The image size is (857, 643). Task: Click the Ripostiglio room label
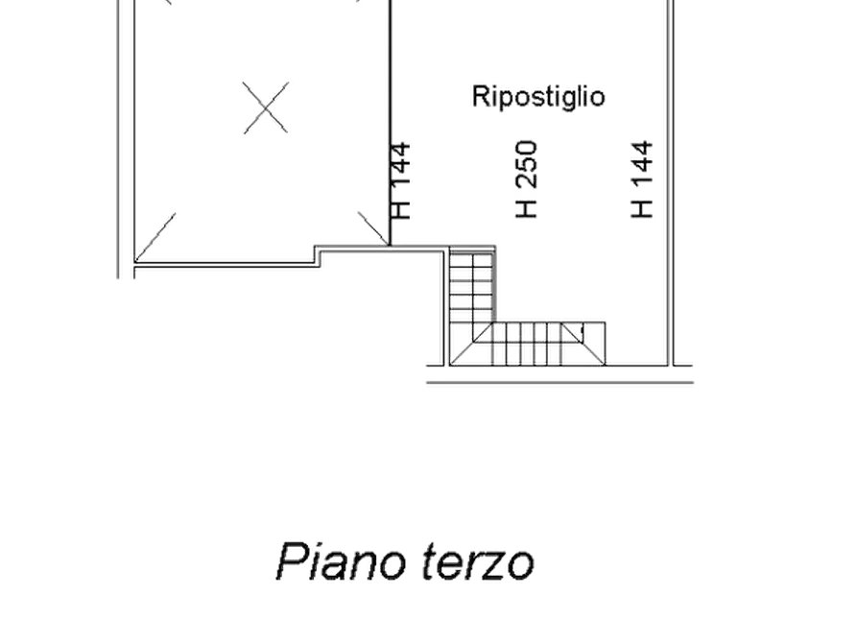click(538, 97)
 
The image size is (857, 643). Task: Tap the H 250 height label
click(527, 179)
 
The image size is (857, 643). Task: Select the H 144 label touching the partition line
click(400, 181)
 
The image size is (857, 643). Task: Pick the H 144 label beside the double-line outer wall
click(642, 179)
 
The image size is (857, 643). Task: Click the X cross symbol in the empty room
click(266, 107)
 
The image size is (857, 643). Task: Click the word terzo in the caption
click(478, 563)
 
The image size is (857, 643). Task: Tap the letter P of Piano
click(291, 561)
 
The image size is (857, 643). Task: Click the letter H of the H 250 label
click(527, 208)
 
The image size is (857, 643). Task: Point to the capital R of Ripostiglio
click(480, 96)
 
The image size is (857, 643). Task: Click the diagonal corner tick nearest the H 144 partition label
click(372, 228)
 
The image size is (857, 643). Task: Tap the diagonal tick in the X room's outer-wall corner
click(155, 237)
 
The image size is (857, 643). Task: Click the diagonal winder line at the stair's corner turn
click(470, 344)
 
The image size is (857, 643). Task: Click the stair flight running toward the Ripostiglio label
click(472, 285)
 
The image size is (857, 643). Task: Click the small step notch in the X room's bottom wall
click(318, 256)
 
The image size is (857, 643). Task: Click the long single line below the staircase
click(560, 382)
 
